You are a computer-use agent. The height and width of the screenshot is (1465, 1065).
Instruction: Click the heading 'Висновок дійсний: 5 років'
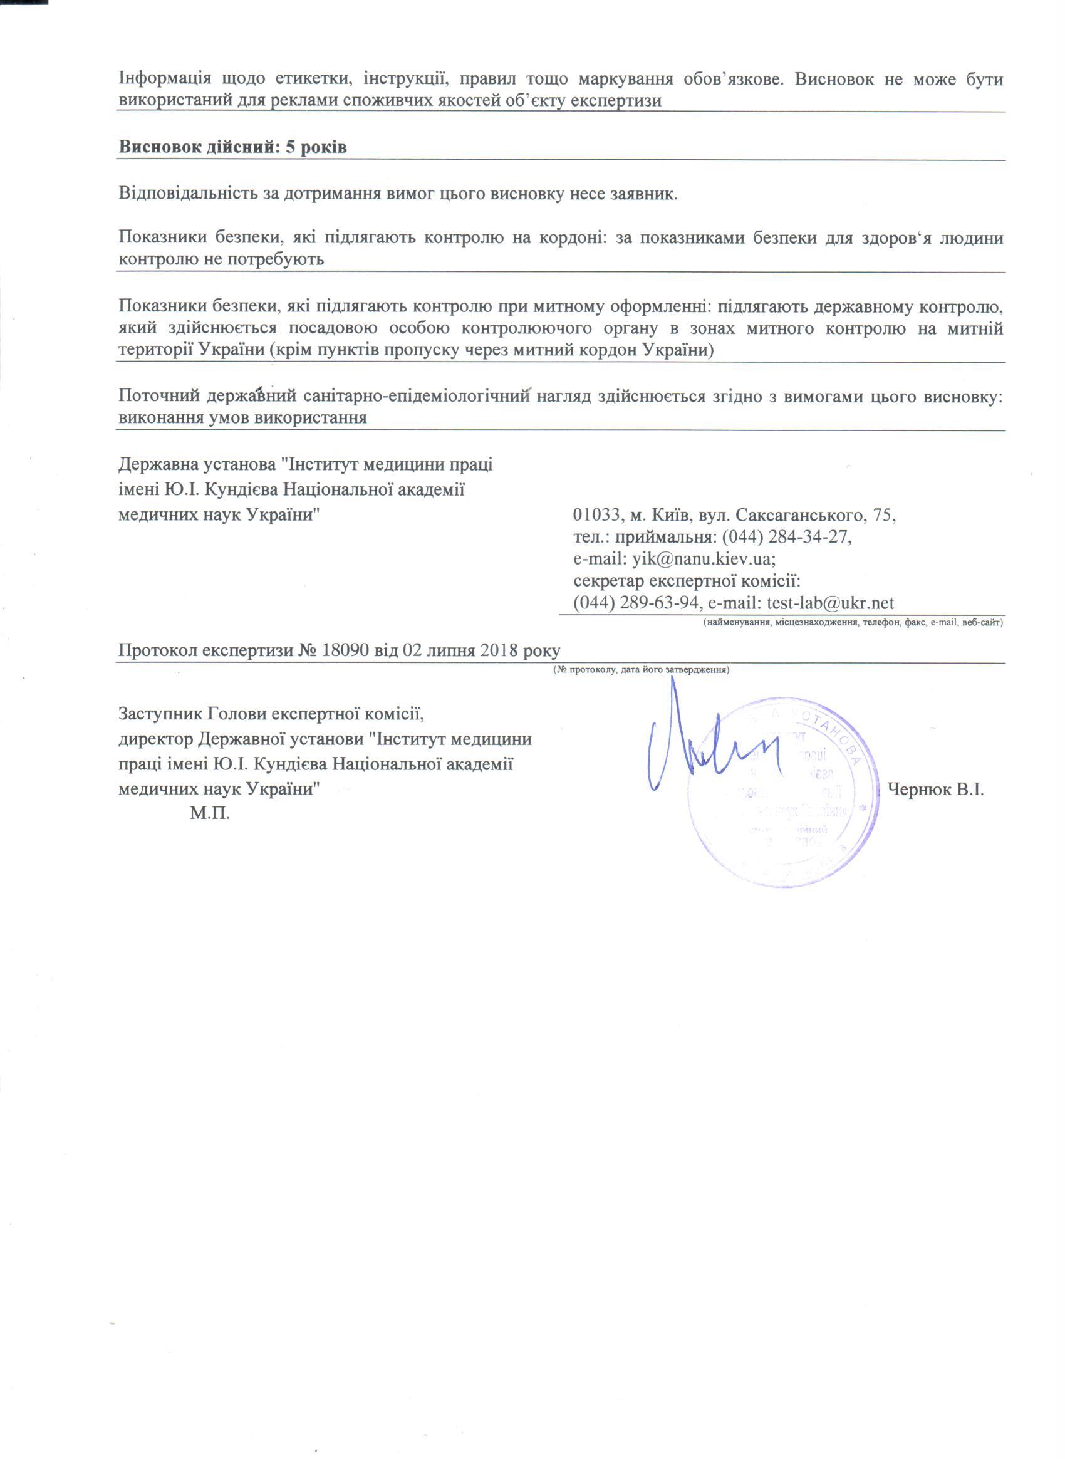[232, 147]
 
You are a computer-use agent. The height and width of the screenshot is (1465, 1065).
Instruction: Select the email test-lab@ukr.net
[830, 603]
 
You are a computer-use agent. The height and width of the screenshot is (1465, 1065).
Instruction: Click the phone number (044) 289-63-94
[636, 603]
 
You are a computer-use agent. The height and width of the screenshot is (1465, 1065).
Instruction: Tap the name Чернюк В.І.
[936, 790]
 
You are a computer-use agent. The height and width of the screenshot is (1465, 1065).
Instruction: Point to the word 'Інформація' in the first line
[165, 80]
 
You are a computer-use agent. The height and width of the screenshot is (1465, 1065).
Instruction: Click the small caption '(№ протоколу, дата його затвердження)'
[641, 670]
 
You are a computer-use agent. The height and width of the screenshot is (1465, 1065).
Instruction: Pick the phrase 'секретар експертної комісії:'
[687, 581]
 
